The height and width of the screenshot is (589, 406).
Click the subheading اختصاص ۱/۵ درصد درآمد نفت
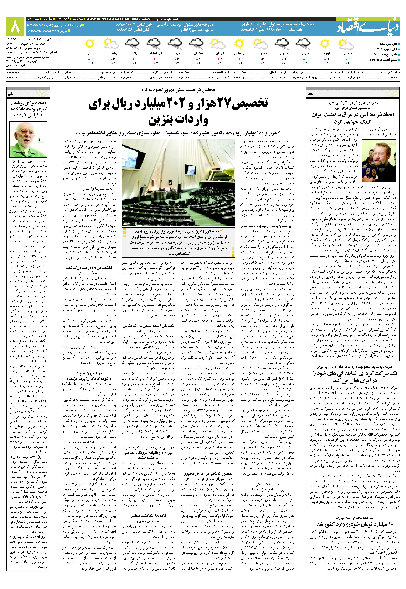click(89, 268)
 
